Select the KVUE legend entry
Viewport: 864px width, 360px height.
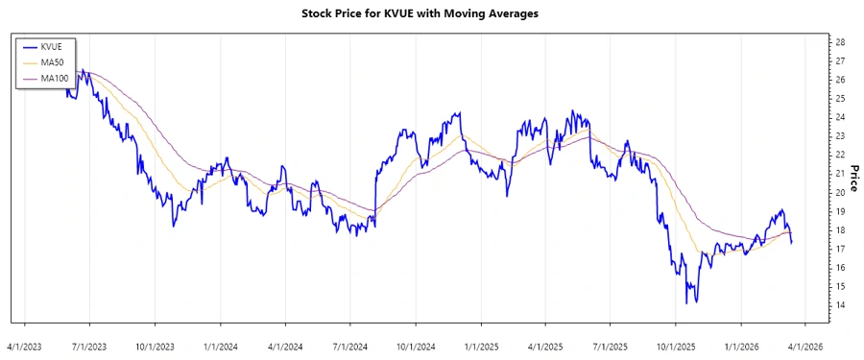coord(51,46)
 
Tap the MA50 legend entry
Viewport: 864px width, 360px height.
coord(52,62)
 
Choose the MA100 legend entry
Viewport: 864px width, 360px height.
coord(54,78)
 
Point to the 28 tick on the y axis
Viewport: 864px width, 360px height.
coord(840,42)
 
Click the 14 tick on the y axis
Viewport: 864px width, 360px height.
coord(840,305)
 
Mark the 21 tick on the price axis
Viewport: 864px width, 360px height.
coord(840,174)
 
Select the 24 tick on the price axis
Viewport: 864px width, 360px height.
coord(840,117)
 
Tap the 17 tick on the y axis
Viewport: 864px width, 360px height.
coord(840,249)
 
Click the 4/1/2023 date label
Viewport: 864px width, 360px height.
coord(25,345)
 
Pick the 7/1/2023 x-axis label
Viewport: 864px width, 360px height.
coord(89,345)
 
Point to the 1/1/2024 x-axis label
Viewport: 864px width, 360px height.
coord(220,345)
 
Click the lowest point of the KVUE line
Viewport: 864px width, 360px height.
coord(686,303)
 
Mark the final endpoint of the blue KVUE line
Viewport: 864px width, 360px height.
coord(792,243)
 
